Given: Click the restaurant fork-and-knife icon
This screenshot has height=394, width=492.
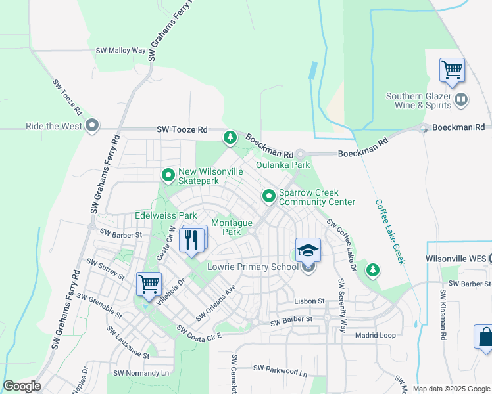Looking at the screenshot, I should pos(192,239).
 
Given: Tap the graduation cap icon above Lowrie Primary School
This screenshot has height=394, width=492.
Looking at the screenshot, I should pos(307,250).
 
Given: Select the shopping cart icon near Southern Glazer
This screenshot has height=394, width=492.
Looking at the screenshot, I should pos(452,70).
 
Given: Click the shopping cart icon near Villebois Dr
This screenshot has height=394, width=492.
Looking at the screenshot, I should pos(149,284).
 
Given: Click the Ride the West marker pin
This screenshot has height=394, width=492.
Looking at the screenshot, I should pos(92,125).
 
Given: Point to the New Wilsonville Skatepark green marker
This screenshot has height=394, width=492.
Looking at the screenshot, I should pos(168,175).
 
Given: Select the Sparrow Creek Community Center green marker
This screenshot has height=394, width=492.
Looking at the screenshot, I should pos(269,196).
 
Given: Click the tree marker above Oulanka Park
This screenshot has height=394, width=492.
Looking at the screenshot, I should pos(230,138).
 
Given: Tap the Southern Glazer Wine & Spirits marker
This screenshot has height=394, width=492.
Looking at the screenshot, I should pos(461,100).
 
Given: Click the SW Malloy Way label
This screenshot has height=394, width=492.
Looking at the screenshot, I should pos(120,50).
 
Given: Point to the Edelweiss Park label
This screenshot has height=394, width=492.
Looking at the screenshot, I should pos(166,215).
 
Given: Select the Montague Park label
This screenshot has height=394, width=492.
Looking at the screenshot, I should pos(232,227).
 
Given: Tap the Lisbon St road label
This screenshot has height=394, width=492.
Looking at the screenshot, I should pos(311,301).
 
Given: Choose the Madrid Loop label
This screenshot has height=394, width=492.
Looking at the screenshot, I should pos(375,335).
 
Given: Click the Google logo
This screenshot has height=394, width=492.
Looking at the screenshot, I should pos(21,386).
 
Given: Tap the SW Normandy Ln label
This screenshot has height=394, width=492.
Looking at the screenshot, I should pos(141,373).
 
